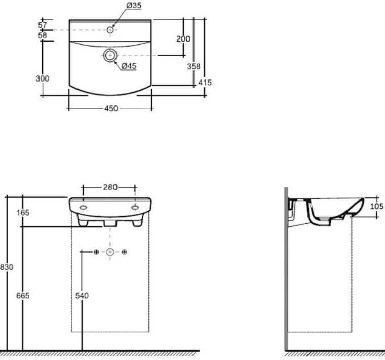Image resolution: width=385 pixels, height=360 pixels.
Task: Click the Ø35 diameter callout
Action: tap(134, 5)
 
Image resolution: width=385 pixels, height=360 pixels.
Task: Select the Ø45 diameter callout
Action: tap(129, 66)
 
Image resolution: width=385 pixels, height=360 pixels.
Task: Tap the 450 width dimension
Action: tap(111, 108)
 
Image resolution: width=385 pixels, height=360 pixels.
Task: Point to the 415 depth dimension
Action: tap(205, 83)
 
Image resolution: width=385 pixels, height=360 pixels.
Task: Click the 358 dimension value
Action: tap(194, 66)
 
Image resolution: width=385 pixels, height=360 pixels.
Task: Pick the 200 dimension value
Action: tap(183, 39)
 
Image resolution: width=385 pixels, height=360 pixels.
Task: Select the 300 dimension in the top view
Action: tap(43, 78)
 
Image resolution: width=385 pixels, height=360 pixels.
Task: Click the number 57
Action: tap(42, 25)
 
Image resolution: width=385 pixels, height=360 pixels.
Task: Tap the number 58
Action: tap(42, 35)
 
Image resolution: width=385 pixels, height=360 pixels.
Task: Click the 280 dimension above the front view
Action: tap(110, 187)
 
